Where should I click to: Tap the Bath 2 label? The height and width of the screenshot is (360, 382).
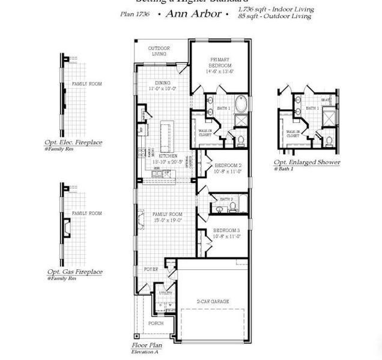(x=226, y=199)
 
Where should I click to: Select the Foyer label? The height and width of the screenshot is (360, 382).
(x=151, y=269)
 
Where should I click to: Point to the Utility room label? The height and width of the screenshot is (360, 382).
(x=165, y=293)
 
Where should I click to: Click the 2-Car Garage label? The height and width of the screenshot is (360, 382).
(x=213, y=301)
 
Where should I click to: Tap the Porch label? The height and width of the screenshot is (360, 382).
(x=156, y=323)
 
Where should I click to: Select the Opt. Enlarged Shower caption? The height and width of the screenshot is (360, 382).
(x=307, y=163)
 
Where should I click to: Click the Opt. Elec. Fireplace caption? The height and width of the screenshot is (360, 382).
(x=73, y=143)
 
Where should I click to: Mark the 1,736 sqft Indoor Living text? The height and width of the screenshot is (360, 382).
(x=274, y=10)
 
